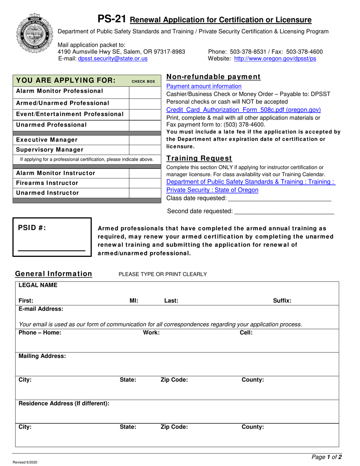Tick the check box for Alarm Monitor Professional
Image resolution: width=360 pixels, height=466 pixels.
[143, 92]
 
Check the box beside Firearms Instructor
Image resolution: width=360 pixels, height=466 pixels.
[143, 183]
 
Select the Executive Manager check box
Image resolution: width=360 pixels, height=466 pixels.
[143, 140]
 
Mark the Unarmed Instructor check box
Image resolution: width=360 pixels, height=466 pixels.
[143, 193]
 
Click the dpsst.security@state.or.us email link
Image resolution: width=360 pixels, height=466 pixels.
[113, 59]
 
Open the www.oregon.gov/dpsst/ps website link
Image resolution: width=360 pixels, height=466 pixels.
[275, 59]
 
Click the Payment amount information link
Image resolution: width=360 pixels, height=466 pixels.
[204, 86]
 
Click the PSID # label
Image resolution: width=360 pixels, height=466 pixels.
[32, 227]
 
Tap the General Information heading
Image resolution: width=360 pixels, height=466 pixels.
[53, 274]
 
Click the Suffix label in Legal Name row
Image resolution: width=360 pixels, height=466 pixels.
[282, 301]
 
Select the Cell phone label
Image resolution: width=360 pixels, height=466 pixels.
[246, 333]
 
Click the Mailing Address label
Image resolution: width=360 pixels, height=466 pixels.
[42, 356]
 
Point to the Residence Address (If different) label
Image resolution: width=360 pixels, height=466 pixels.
[64, 403]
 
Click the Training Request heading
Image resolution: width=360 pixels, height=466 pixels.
[199, 158]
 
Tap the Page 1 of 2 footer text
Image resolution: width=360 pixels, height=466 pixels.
[326, 457]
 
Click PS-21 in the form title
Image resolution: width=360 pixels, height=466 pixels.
[112, 19]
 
